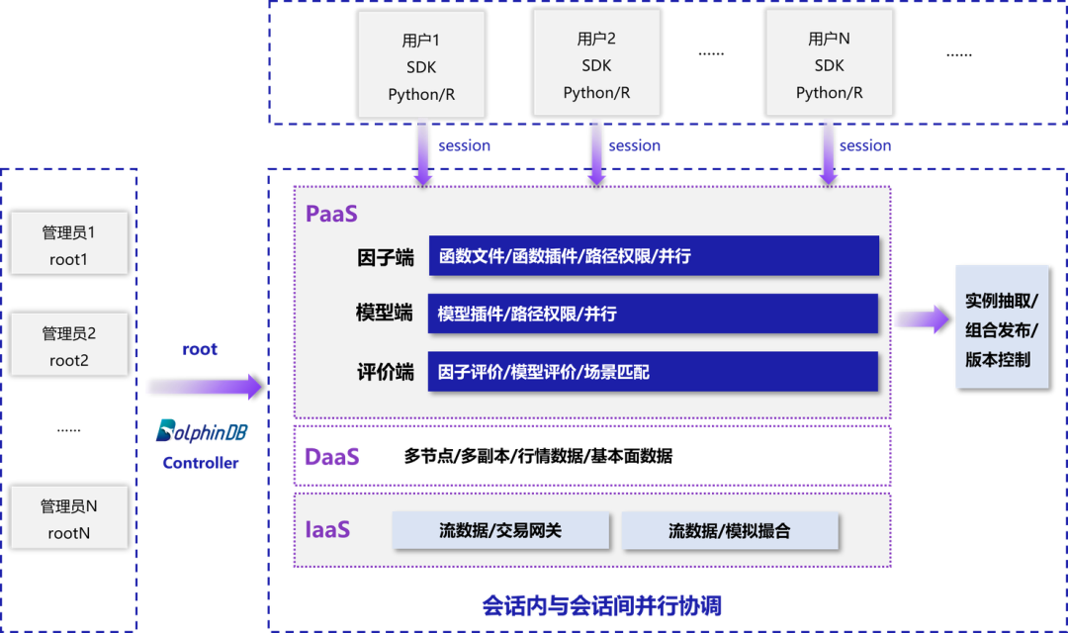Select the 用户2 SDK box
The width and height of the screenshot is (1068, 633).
pyautogui.click(x=596, y=64)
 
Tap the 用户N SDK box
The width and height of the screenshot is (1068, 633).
pyautogui.click(x=829, y=64)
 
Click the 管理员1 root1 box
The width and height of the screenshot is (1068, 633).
pyautogui.click(x=69, y=244)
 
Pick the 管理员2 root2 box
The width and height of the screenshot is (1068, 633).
pyautogui.click(x=69, y=345)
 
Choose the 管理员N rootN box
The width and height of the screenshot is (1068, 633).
pyautogui.click(x=69, y=519)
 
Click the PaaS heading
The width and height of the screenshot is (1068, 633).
pyautogui.click(x=331, y=214)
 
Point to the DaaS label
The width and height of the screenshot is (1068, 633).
pyautogui.click(x=332, y=457)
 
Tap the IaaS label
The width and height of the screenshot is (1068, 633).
pyautogui.click(x=327, y=529)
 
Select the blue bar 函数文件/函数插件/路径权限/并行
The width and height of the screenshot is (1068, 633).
pyautogui.click(x=654, y=256)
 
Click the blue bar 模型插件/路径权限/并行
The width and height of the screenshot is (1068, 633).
pyautogui.click(x=653, y=314)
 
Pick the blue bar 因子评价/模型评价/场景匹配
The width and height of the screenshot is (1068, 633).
pyautogui.click(x=653, y=372)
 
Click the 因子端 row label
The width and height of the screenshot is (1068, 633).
pyautogui.click(x=385, y=257)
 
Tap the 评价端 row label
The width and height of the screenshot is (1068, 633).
pyautogui.click(x=385, y=373)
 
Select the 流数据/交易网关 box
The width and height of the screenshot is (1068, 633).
pyautogui.click(x=500, y=530)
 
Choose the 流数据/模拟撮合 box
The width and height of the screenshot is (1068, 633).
pyautogui.click(x=730, y=530)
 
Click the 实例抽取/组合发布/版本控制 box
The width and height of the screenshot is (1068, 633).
pyautogui.click(x=1000, y=327)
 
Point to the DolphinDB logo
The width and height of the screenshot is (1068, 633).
pyautogui.click(x=202, y=432)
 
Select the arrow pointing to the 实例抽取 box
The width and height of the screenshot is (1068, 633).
pyautogui.click(x=921, y=318)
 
